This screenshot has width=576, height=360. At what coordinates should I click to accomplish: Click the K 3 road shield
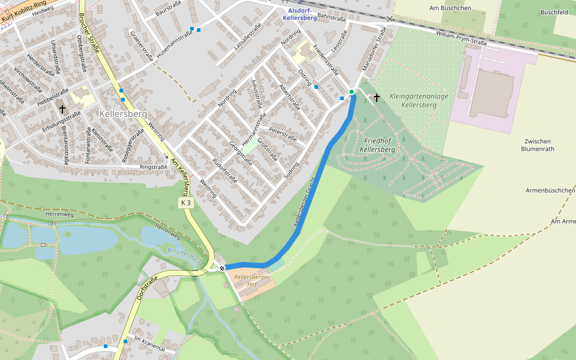(x=187, y=203)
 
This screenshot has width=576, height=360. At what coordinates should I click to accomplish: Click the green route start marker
(x=352, y=92)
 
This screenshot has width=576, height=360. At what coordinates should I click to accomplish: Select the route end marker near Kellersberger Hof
(x=222, y=268)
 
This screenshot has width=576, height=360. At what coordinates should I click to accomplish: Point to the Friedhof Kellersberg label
(x=378, y=145)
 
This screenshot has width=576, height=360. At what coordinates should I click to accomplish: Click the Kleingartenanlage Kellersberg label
(x=418, y=100)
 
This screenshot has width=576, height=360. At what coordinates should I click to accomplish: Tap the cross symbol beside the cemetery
(x=377, y=97)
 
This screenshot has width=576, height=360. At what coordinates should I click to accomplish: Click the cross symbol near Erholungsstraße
(x=62, y=109)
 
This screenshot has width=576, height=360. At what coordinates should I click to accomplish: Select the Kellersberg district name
(x=122, y=113)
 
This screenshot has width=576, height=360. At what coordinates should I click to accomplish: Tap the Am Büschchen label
(x=450, y=8)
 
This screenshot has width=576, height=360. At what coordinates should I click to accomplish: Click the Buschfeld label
(x=554, y=12)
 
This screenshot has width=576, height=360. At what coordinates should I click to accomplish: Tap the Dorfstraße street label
(x=147, y=288)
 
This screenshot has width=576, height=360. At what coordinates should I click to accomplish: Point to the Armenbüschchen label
(x=550, y=190)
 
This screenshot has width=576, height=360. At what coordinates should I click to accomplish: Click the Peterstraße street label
(x=283, y=134)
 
